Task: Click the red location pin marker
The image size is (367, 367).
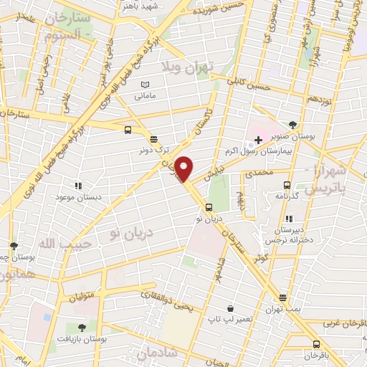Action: (184, 168)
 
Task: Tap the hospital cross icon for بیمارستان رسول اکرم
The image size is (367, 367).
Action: (257, 137)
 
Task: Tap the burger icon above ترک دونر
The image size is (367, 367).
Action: (153, 138)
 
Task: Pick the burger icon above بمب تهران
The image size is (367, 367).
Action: (282, 297)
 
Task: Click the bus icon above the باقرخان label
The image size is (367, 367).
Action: (316, 344)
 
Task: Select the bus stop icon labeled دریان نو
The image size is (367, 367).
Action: (209, 207)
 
